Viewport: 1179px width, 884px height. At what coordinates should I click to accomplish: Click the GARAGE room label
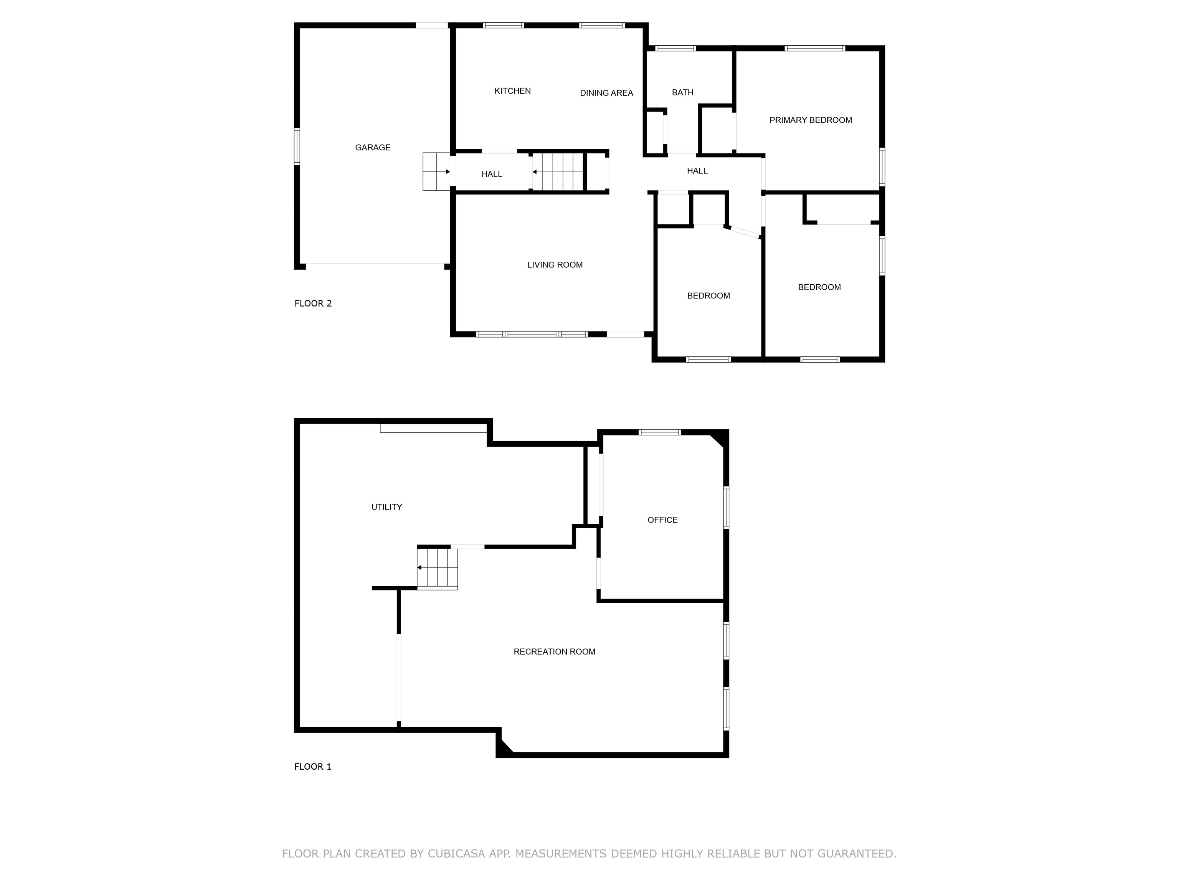(x=373, y=148)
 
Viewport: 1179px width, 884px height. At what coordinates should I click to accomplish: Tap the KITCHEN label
(x=512, y=91)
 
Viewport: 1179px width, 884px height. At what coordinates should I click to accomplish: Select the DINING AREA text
(x=606, y=93)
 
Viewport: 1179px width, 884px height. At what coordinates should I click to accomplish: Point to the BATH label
(x=682, y=93)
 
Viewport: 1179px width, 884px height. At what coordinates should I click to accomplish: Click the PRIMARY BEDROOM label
(x=810, y=120)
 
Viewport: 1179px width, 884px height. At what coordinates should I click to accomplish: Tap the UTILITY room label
(x=386, y=507)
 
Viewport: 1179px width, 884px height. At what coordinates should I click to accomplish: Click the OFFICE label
(x=662, y=520)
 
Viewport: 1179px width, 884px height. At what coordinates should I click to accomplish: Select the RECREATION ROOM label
(x=554, y=651)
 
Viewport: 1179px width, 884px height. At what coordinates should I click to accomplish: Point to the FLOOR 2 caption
(x=313, y=304)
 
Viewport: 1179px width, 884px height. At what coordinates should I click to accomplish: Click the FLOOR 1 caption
(x=312, y=767)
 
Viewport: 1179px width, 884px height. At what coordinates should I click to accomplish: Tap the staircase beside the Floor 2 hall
(x=558, y=172)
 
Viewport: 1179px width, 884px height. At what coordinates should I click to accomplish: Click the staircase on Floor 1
(x=437, y=568)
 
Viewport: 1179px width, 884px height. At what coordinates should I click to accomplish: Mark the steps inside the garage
(x=436, y=172)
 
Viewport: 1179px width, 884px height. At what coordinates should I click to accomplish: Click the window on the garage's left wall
(x=297, y=147)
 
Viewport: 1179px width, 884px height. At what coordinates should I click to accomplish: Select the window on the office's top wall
(x=660, y=432)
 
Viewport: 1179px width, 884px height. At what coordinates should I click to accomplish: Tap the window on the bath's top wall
(x=675, y=48)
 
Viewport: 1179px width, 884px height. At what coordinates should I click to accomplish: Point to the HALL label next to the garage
(x=491, y=174)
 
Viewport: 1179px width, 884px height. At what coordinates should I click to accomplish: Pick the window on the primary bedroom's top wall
(x=814, y=48)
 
